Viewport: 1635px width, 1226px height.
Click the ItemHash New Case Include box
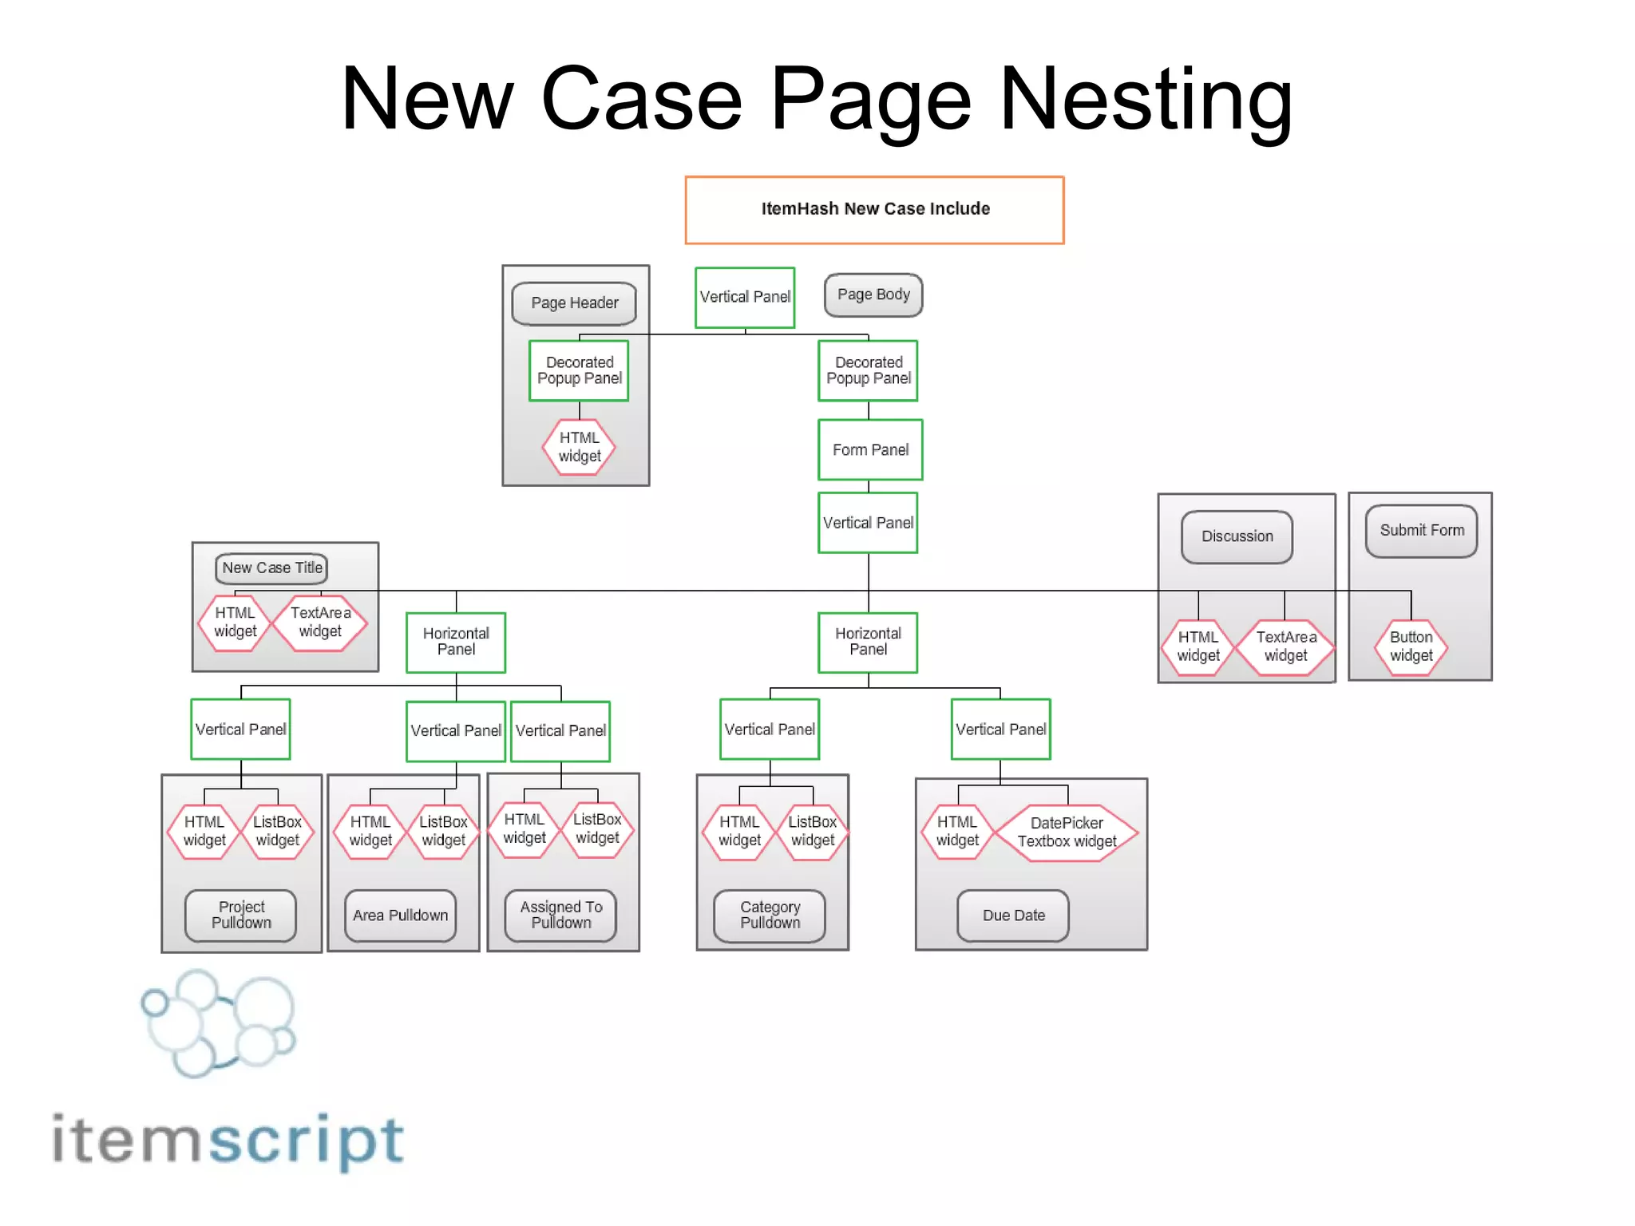coord(874,210)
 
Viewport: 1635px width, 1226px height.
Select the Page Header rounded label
coord(574,303)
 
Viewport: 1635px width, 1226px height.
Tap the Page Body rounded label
coord(873,295)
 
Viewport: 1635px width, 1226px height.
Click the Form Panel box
coord(870,450)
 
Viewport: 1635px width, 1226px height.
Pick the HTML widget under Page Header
coord(579,447)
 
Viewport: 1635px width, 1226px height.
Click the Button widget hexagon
coord(1411,647)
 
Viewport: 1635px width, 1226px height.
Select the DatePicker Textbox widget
coord(1067,832)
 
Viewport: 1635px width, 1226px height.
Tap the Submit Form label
coord(1421,531)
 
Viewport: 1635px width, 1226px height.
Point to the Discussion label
coord(1237,536)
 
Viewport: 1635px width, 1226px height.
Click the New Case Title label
coord(271,568)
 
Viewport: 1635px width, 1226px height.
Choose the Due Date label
coord(1013,916)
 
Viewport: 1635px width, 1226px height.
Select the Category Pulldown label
coord(770,916)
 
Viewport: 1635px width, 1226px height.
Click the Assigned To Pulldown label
coord(560,916)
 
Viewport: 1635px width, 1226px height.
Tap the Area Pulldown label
coord(400,916)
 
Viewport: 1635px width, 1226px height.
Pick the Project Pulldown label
coord(241,916)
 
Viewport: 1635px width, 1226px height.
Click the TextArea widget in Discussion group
coord(1285,647)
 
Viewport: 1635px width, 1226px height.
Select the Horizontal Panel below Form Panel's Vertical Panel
coord(868,643)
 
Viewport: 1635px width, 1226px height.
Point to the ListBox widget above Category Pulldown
coord(812,831)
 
